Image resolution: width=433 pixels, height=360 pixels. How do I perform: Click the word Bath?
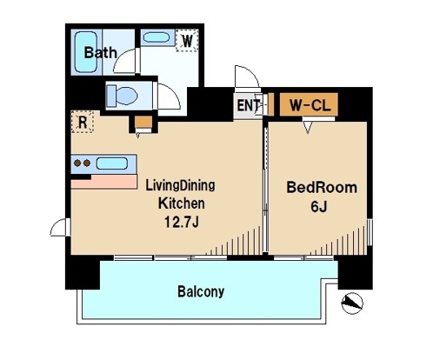[100, 53]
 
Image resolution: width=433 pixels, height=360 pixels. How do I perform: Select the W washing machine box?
[187, 40]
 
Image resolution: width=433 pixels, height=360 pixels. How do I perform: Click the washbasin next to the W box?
[157, 38]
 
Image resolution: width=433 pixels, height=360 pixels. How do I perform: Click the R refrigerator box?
[82, 121]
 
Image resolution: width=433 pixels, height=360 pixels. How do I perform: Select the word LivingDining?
[180, 185]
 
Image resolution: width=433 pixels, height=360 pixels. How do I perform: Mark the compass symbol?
[352, 303]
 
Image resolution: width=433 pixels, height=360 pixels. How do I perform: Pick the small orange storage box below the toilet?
[141, 121]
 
